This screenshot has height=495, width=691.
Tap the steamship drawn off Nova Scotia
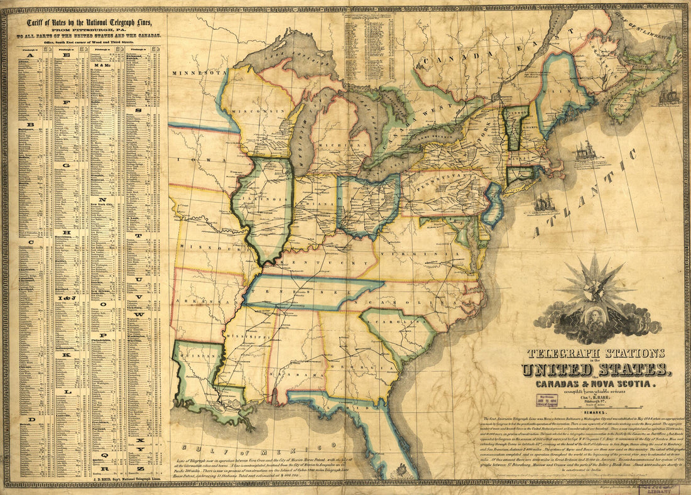pos(670,96)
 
